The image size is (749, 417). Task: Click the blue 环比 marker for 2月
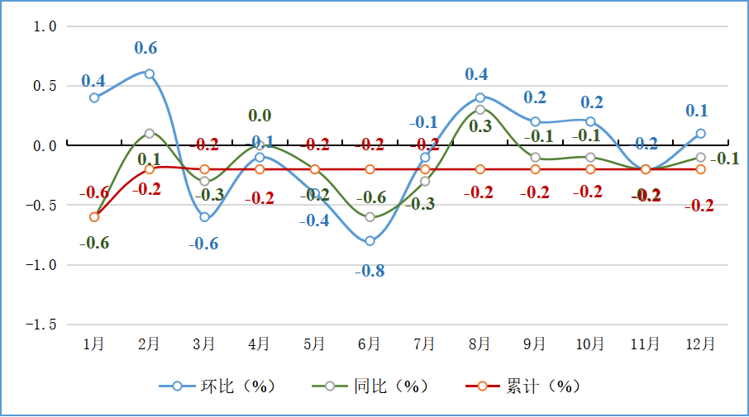[150, 73]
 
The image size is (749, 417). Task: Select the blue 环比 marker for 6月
[370, 241]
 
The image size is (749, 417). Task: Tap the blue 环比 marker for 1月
[94, 97]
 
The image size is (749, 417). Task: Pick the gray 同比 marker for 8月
[480, 110]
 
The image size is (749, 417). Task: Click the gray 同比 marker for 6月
[370, 217]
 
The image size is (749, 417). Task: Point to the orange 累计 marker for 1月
[94, 217]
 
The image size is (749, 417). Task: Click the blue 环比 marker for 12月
[700, 133]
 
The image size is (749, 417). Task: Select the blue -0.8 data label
[370, 271]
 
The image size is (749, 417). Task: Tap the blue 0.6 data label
[146, 48]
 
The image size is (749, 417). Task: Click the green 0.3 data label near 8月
[480, 126]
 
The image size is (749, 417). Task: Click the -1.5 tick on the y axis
[41, 325]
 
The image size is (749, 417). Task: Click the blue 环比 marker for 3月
[204, 217]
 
